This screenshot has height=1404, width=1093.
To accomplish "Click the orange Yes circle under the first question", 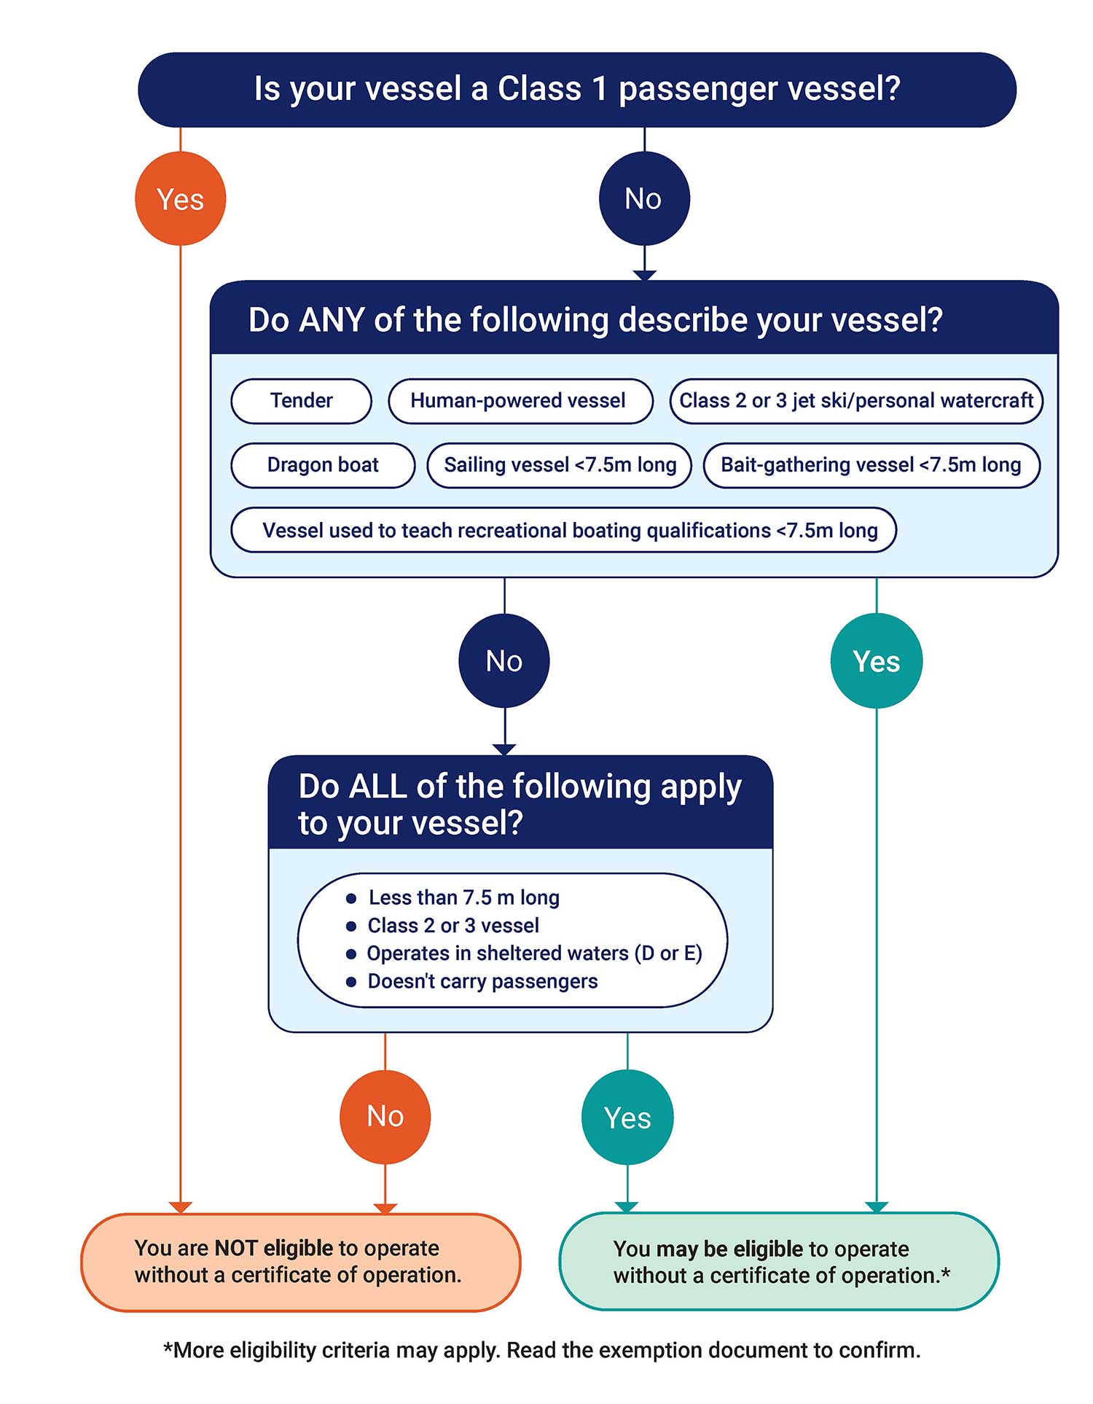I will (180, 198).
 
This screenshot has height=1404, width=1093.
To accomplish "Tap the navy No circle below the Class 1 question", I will (643, 198).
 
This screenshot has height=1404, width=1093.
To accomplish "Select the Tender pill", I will (301, 400).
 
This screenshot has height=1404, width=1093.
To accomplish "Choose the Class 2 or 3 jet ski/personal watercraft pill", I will (856, 400).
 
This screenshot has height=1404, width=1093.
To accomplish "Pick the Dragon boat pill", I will (323, 464).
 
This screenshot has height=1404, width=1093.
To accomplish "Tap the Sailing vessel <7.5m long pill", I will (560, 464).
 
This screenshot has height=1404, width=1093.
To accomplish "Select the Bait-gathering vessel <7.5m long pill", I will (871, 464).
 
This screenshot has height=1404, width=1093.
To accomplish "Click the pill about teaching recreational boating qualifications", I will (563, 530).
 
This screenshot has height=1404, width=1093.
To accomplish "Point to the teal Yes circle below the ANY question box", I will (876, 660).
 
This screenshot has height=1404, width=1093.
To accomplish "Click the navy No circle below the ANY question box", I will (504, 660).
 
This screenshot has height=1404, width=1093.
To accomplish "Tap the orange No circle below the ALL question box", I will (385, 1116).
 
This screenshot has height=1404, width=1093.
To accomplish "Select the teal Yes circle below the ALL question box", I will (627, 1117).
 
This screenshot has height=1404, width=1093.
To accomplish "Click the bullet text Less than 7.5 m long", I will (463, 897).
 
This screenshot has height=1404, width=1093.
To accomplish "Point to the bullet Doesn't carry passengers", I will (482, 981).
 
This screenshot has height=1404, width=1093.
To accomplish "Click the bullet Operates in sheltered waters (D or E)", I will (533, 953).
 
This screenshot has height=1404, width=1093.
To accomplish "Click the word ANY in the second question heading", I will (331, 320).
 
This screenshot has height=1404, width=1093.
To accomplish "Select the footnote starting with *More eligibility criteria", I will (541, 1350).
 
